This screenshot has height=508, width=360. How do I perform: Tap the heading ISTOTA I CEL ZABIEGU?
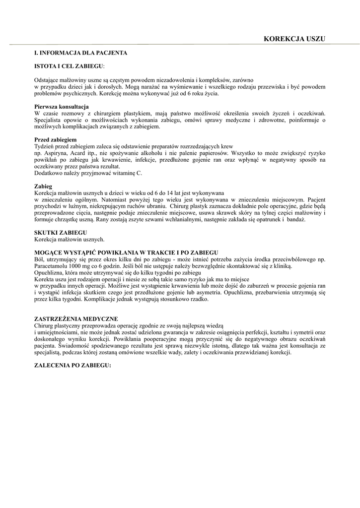[70, 66]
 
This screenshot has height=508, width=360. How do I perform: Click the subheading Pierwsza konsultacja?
[61, 107]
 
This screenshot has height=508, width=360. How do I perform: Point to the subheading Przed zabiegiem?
[55, 140]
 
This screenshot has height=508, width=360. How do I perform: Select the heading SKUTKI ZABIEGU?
[60, 232]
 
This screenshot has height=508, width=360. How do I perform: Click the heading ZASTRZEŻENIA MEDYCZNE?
[76, 318]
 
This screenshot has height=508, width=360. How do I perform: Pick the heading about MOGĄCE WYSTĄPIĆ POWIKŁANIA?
[126, 253]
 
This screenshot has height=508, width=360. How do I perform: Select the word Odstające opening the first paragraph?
[48, 79]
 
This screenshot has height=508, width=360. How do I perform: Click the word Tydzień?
[45, 147]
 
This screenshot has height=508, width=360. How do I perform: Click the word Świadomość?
[71, 345]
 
